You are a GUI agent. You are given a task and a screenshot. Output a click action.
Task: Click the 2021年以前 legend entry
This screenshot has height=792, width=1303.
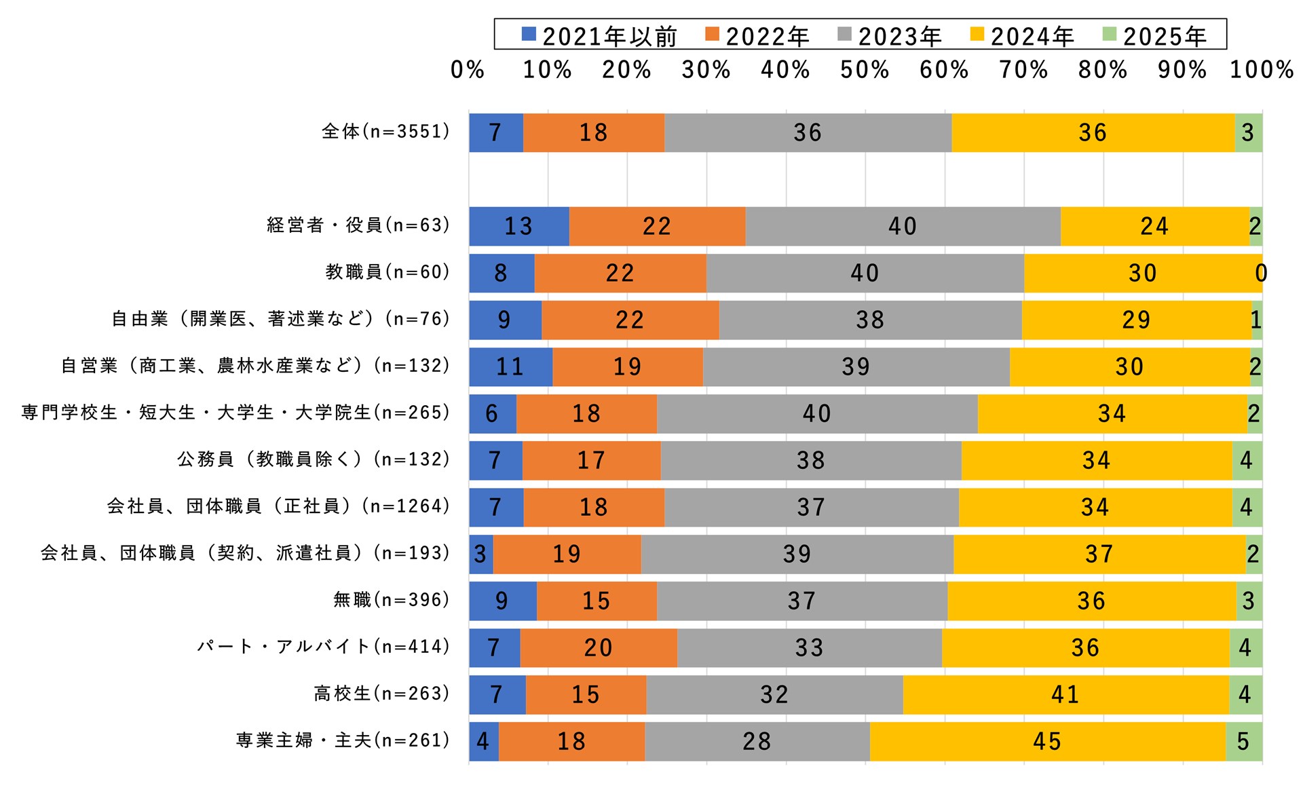[600, 35]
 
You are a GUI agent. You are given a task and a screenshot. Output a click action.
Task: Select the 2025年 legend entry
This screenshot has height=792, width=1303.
[1155, 35]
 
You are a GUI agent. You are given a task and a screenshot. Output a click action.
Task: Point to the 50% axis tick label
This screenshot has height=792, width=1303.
[865, 70]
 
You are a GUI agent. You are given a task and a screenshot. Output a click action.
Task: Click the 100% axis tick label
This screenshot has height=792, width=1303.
[1262, 70]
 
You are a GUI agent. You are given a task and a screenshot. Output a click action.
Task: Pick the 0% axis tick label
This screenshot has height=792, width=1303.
[468, 70]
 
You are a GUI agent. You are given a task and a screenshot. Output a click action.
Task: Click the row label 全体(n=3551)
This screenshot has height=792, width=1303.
[385, 132]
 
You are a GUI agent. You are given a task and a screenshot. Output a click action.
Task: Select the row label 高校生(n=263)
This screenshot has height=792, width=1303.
[382, 694]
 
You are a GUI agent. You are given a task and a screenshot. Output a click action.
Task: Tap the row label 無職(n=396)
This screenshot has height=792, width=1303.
[392, 600]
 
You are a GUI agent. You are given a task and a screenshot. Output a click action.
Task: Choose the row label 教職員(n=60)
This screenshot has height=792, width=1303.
[388, 272]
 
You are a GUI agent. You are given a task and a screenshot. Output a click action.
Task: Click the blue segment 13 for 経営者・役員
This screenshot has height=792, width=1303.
[518, 226]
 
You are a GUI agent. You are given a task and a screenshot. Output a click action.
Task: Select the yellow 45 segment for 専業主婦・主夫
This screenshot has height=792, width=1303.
[1047, 741]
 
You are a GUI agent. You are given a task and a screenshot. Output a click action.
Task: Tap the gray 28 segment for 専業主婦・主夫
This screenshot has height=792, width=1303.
[757, 741]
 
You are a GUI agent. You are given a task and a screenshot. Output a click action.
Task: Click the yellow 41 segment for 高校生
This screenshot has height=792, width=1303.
[1065, 694]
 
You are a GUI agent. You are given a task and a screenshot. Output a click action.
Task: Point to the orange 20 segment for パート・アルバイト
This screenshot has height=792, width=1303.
[598, 647]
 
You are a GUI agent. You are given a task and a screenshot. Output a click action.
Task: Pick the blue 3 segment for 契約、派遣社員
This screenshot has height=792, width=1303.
[480, 554]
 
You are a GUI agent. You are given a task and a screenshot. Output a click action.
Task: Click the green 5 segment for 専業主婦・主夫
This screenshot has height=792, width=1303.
[1243, 741]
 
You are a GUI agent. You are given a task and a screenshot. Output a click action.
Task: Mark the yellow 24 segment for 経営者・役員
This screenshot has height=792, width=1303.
[1154, 226]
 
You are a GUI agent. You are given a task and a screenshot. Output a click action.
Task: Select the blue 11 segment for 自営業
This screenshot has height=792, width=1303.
[510, 366]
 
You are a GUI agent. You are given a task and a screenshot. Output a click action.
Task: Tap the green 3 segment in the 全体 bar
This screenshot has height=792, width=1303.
[1248, 132]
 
